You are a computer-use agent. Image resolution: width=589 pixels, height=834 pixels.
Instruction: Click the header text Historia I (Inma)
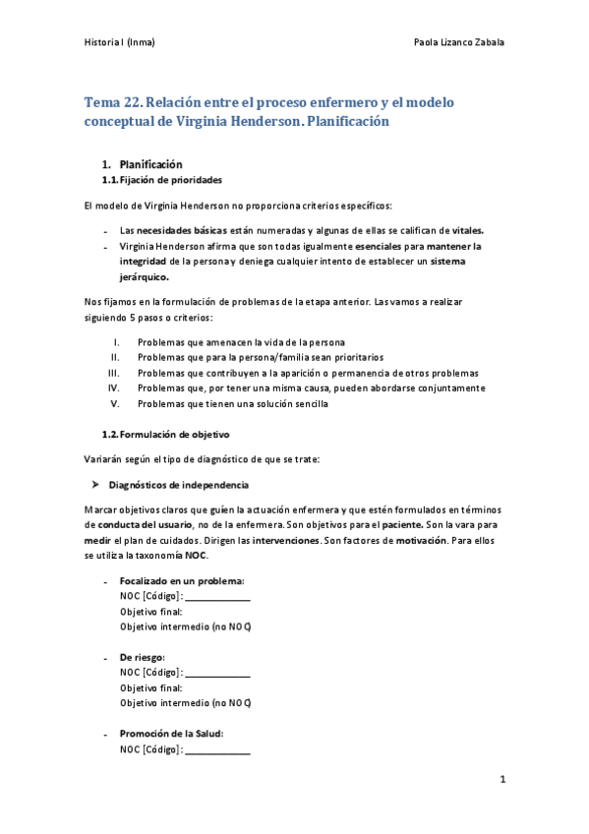click(x=119, y=42)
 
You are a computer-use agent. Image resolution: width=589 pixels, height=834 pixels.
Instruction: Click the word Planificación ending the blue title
click(x=340, y=121)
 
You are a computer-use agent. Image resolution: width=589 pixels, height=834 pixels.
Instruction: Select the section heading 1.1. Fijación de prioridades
click(x=162, y=181)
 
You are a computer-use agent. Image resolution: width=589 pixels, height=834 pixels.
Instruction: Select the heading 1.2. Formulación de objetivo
click(x=167, y=434)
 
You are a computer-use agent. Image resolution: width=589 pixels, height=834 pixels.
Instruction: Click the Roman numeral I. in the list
click(x=117, y=341)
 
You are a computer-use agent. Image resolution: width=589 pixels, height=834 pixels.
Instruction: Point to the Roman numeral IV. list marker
click(x=113, y=387)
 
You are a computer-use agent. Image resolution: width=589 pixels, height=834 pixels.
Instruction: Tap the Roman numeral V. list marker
click(x=115, y=403)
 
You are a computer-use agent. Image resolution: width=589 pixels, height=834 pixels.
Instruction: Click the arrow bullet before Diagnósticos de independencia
click(x=94, y=485)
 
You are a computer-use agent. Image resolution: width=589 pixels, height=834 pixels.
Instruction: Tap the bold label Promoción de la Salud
click(x=171, y=733)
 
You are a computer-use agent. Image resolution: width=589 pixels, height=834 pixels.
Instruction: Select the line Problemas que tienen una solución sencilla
click(x=233, y=403)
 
